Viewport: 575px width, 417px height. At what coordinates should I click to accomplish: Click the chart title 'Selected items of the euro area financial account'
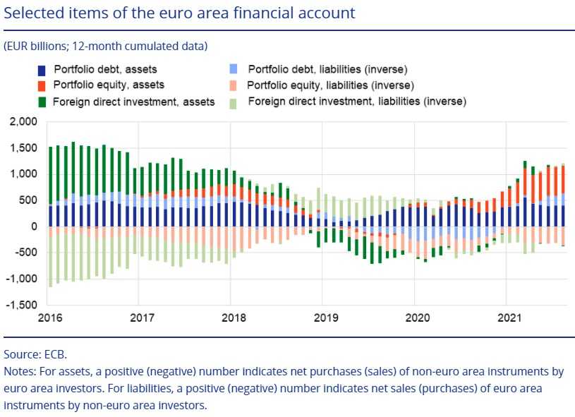point(179,13)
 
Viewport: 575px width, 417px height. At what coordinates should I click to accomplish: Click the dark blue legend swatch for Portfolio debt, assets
point(42,70)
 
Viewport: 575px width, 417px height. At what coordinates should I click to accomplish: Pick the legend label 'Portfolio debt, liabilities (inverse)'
point(328,69)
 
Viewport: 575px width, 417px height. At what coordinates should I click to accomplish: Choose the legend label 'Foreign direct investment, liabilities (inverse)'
point(358,102)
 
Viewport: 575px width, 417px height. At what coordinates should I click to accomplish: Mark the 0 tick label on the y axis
point(32,226)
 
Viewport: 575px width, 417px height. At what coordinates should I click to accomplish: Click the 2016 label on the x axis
point(50,317)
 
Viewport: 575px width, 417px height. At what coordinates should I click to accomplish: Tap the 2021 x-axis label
point(507,317)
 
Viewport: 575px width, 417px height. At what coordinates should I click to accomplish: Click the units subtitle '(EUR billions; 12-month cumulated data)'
point(105,47)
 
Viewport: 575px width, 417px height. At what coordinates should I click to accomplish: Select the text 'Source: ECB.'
point(35,355)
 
